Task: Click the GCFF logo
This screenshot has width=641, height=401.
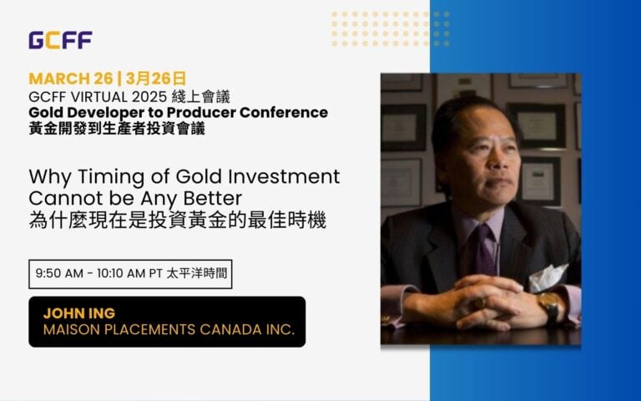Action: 60,40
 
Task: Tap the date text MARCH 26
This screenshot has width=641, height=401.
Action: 71,79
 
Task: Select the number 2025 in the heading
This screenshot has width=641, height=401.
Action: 149,97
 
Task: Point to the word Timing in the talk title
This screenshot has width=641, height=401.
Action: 111,177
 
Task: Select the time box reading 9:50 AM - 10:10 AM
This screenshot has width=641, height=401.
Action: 130,274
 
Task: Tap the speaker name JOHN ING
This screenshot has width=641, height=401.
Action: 79,313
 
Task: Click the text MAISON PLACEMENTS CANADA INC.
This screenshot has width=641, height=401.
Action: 169,329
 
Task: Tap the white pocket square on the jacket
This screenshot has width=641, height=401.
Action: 548,278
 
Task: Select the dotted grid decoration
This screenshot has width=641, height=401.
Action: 391,28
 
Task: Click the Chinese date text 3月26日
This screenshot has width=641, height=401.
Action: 156,79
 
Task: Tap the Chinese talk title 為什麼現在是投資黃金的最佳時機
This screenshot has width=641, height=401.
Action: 178,221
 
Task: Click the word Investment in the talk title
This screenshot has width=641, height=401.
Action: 284,177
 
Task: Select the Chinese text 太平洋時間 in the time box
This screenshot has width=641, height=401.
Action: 197,273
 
